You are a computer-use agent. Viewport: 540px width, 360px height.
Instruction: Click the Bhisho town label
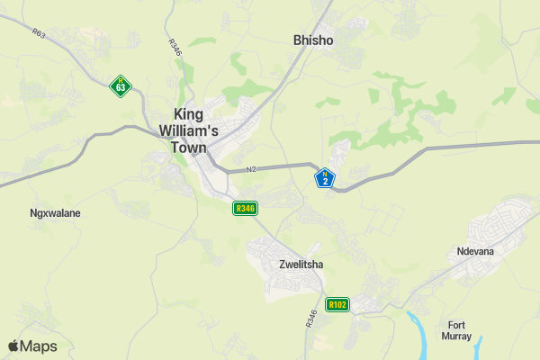coord(314,40)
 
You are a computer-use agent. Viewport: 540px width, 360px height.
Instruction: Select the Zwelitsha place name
coord(301,265)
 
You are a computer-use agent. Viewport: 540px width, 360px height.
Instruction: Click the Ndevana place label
coord(475,251)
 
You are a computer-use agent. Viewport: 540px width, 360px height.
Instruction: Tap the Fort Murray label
coord(457,330)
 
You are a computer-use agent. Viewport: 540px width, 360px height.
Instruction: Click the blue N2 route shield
coord(325,178)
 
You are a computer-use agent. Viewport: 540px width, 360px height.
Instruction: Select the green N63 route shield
coord(121,85)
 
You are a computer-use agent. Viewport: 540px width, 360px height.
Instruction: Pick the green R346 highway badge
coord(245,209)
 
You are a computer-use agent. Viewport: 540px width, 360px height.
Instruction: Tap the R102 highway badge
coord(337,305)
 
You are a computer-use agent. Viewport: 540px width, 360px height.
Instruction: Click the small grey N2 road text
coord(251,169)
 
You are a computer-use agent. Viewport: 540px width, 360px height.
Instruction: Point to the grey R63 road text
coord(38,34)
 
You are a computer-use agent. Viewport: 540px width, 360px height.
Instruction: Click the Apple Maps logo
coord(32,346)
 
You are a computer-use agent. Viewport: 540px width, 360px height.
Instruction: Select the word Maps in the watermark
coord(39,346)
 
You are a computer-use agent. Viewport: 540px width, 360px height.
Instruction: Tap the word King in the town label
coord(189,114)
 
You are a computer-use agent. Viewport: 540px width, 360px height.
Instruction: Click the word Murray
coord(457,336)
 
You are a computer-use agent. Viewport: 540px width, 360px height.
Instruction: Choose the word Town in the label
coord(189,148)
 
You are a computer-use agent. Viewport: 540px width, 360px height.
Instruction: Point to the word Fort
coord(457,325)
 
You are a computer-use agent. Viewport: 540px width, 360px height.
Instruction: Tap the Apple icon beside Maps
coord(13,346)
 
